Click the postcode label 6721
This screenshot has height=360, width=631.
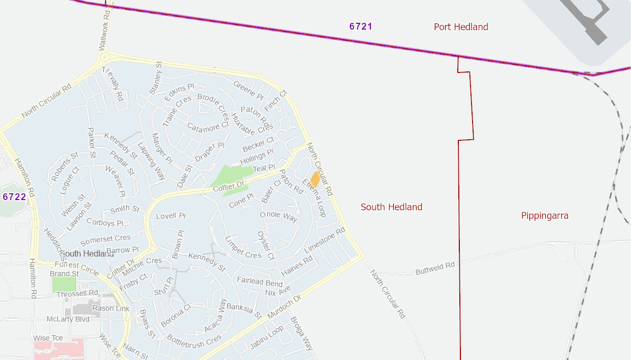tap(361, 26)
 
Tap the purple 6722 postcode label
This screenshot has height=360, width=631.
tap(14, 197)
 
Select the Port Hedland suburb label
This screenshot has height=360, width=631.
tap(461, 27)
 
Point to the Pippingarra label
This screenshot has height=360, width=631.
tap(545, 215)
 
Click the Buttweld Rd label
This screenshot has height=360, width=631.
tap(435, 267)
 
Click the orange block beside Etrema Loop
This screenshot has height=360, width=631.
tap(315, 179)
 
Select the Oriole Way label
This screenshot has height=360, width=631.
tap(279, 216)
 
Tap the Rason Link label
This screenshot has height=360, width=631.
tap(111, 308)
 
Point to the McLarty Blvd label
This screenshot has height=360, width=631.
tap(68, 319)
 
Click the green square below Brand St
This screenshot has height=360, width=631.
tap(64, 284)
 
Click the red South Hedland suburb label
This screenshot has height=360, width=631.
tap(392, 207)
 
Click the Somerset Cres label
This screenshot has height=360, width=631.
tap(105, 239)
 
